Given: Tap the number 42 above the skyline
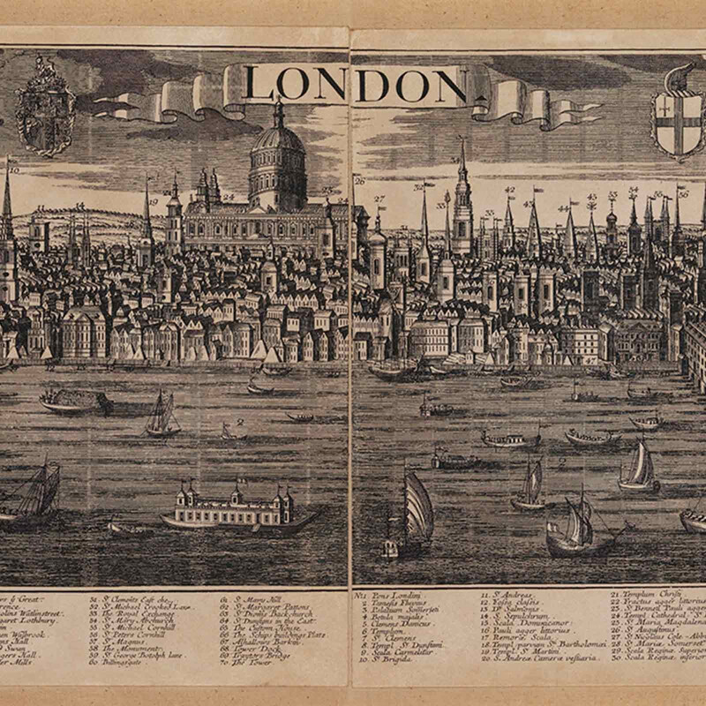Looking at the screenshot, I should click(509, 190).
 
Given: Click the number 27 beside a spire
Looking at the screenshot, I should click(379, 199).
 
